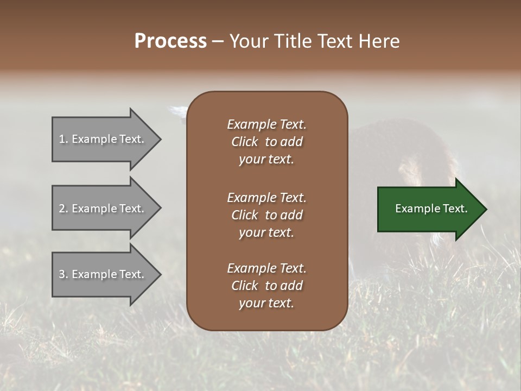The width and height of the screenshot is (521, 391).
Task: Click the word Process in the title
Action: (170, 41)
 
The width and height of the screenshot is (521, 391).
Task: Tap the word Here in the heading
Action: (380, 41)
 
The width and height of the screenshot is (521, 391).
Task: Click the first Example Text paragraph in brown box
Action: (266, 142)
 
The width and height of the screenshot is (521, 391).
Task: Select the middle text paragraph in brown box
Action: (266, 215)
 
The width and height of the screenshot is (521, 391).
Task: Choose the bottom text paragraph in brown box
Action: (266, 286)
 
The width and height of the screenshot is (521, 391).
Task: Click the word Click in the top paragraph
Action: (245, 142)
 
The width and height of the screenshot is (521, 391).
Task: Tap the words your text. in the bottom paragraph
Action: (266, 304)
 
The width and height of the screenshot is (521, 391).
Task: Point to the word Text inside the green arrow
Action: (455, 209)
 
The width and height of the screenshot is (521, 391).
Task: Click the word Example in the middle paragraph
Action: (251, 198)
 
